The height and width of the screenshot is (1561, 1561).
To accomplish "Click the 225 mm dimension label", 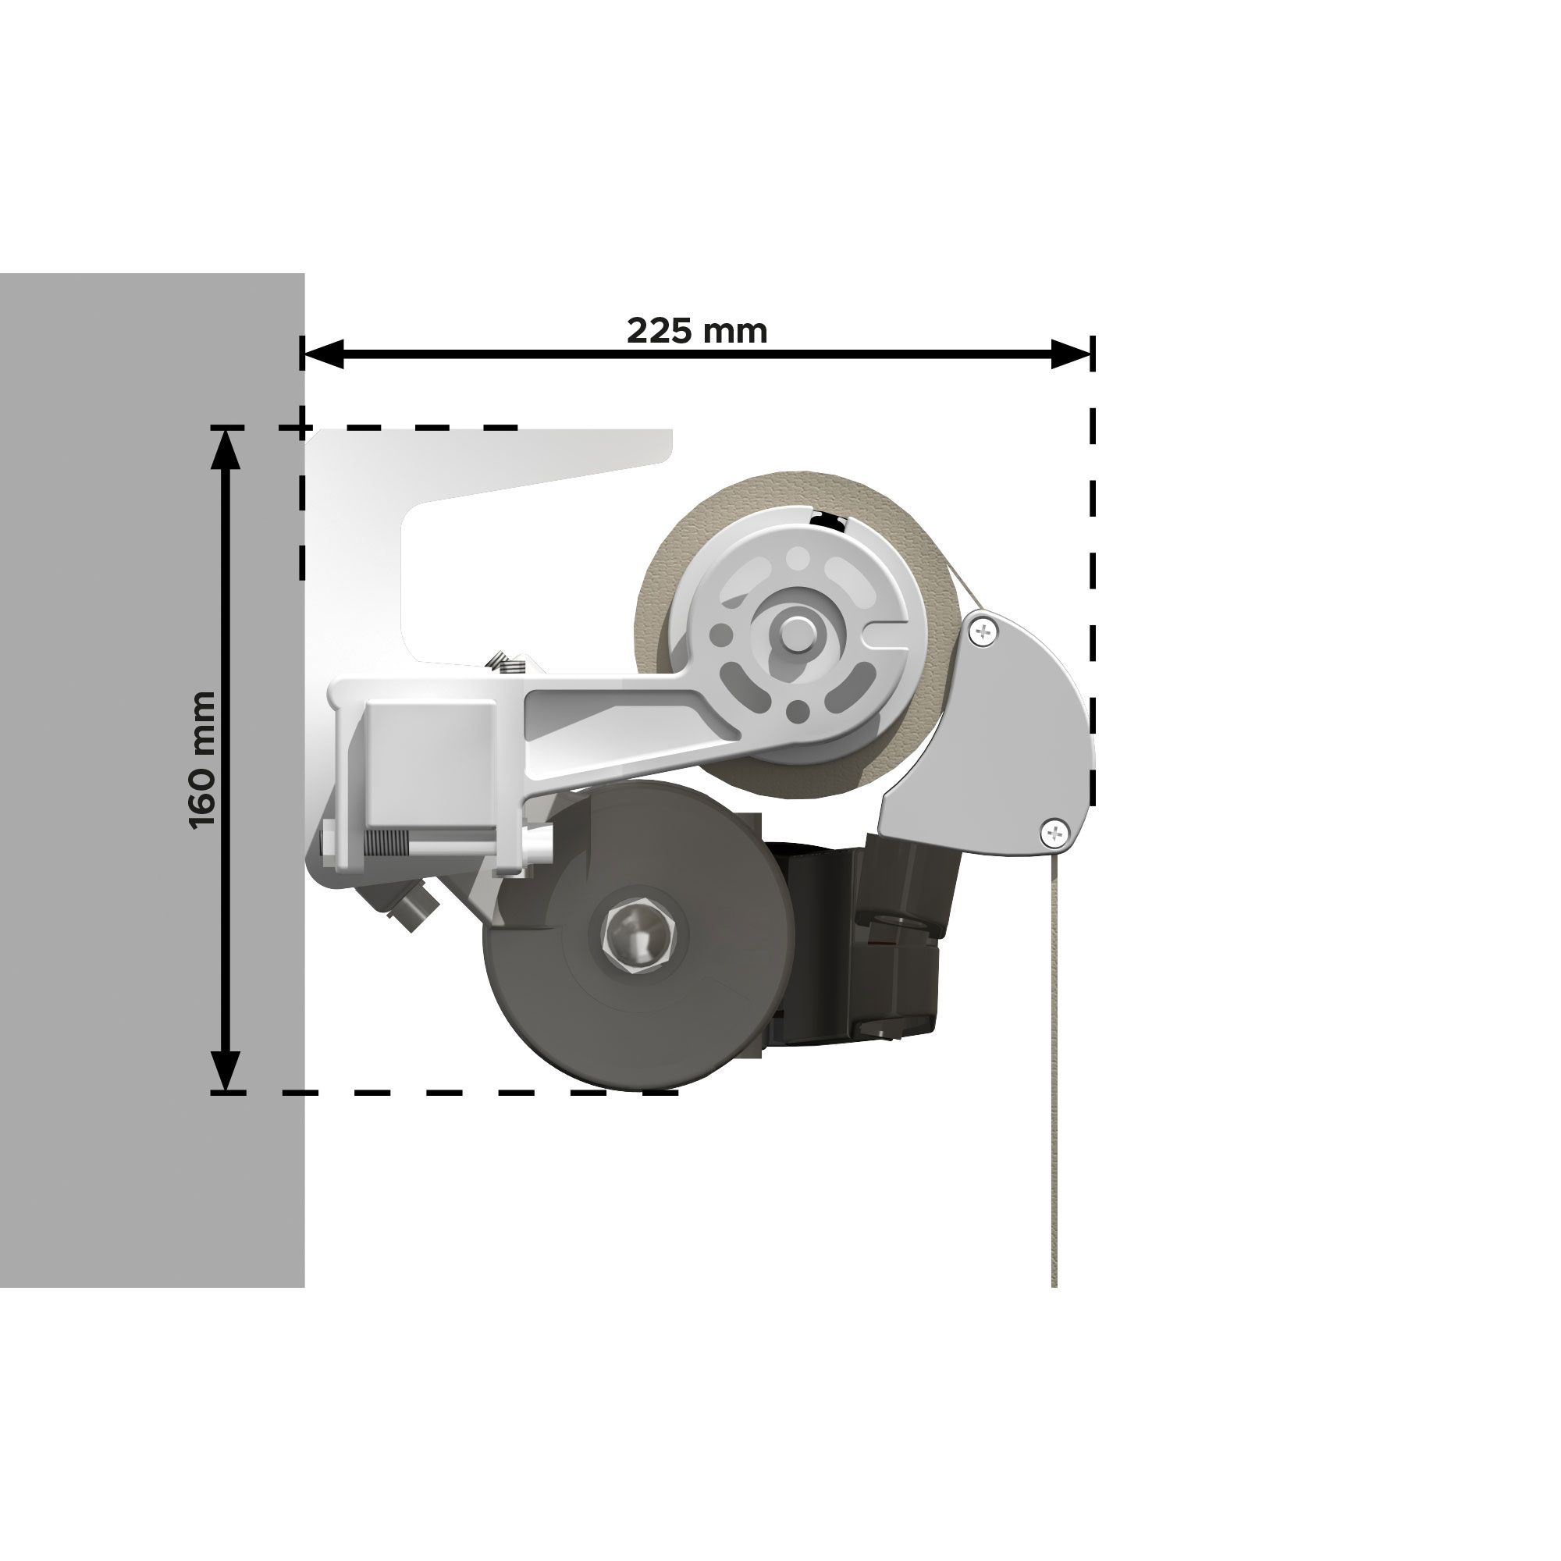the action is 696,330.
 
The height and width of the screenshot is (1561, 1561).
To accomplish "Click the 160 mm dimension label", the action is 203,761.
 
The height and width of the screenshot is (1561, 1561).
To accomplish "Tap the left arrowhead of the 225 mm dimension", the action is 322,353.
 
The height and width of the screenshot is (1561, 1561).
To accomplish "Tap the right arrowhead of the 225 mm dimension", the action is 1072,353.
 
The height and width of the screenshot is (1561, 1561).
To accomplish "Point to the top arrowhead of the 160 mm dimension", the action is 226,446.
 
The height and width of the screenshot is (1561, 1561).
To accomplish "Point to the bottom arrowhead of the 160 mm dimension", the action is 226,1071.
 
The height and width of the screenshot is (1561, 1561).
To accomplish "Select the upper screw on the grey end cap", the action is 983,631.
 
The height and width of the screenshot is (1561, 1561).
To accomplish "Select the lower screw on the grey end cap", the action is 1054,831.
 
